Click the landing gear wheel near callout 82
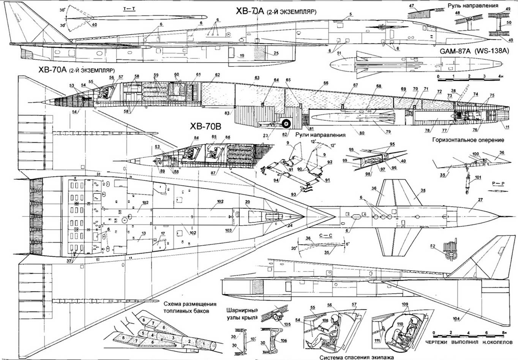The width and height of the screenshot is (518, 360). coord(287,123)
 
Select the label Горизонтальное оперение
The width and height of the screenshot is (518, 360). coord(468,140)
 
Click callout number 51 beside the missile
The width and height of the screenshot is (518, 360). coord(339,53)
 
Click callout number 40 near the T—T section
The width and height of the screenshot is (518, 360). coord(94,24)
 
